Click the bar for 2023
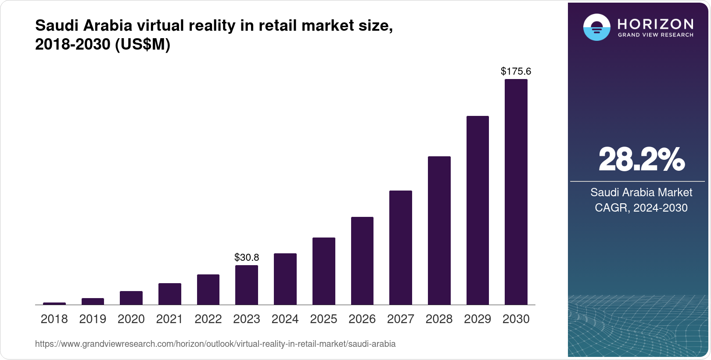pos(247,285)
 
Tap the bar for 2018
pos(54,303)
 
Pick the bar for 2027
pos(400,248)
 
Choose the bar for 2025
pos(323,271)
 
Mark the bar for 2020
pos(131,298)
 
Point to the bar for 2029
pos(478,210)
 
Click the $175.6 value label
pos(516,71)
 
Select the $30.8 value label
pos(247,257)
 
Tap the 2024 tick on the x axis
pos(285,319)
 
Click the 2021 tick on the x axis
pos(169,319)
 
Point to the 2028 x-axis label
pos(439,319)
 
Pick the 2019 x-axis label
pos(93,319)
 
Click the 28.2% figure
pos(641,160)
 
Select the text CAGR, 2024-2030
pos(641,208)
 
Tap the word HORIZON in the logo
pos(655,24)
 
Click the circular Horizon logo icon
pos(596,27)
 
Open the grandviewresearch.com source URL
pos(215,344)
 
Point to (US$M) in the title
pos(143,44)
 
